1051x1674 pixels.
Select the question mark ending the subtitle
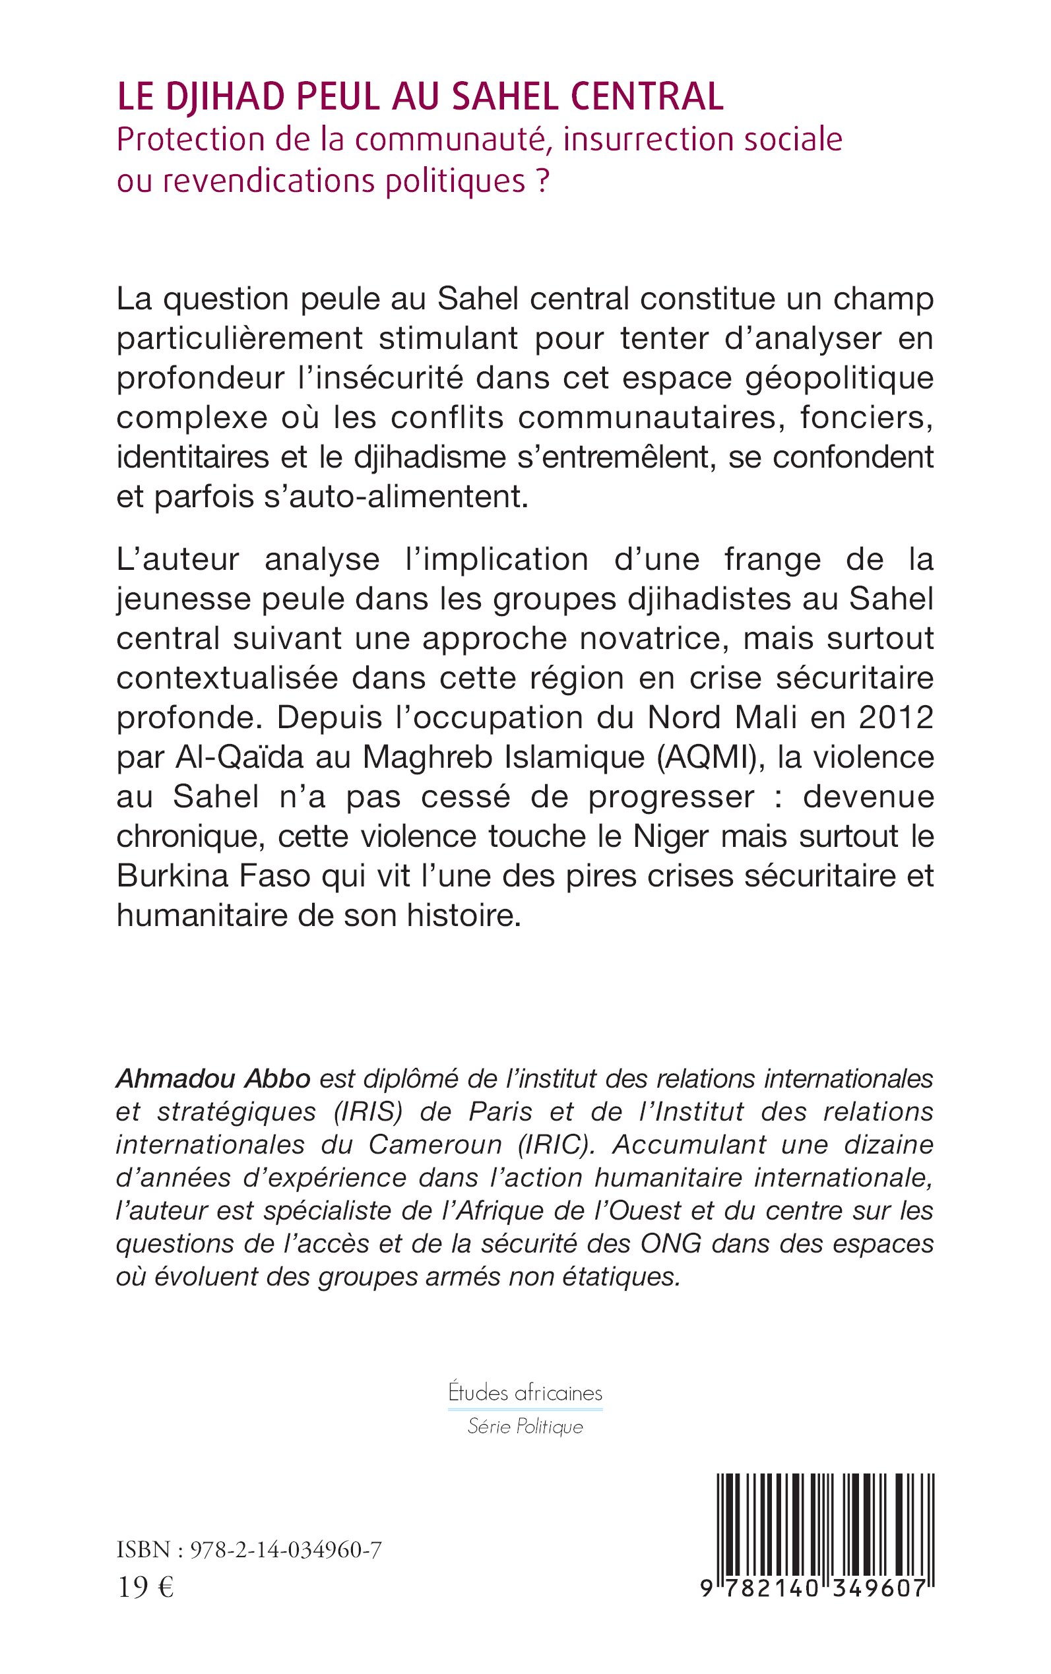coord(543,181)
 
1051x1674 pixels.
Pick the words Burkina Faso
coord(212,877)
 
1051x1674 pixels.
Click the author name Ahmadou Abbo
coord(212,1078)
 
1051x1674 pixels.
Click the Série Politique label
coord(525,1427)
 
